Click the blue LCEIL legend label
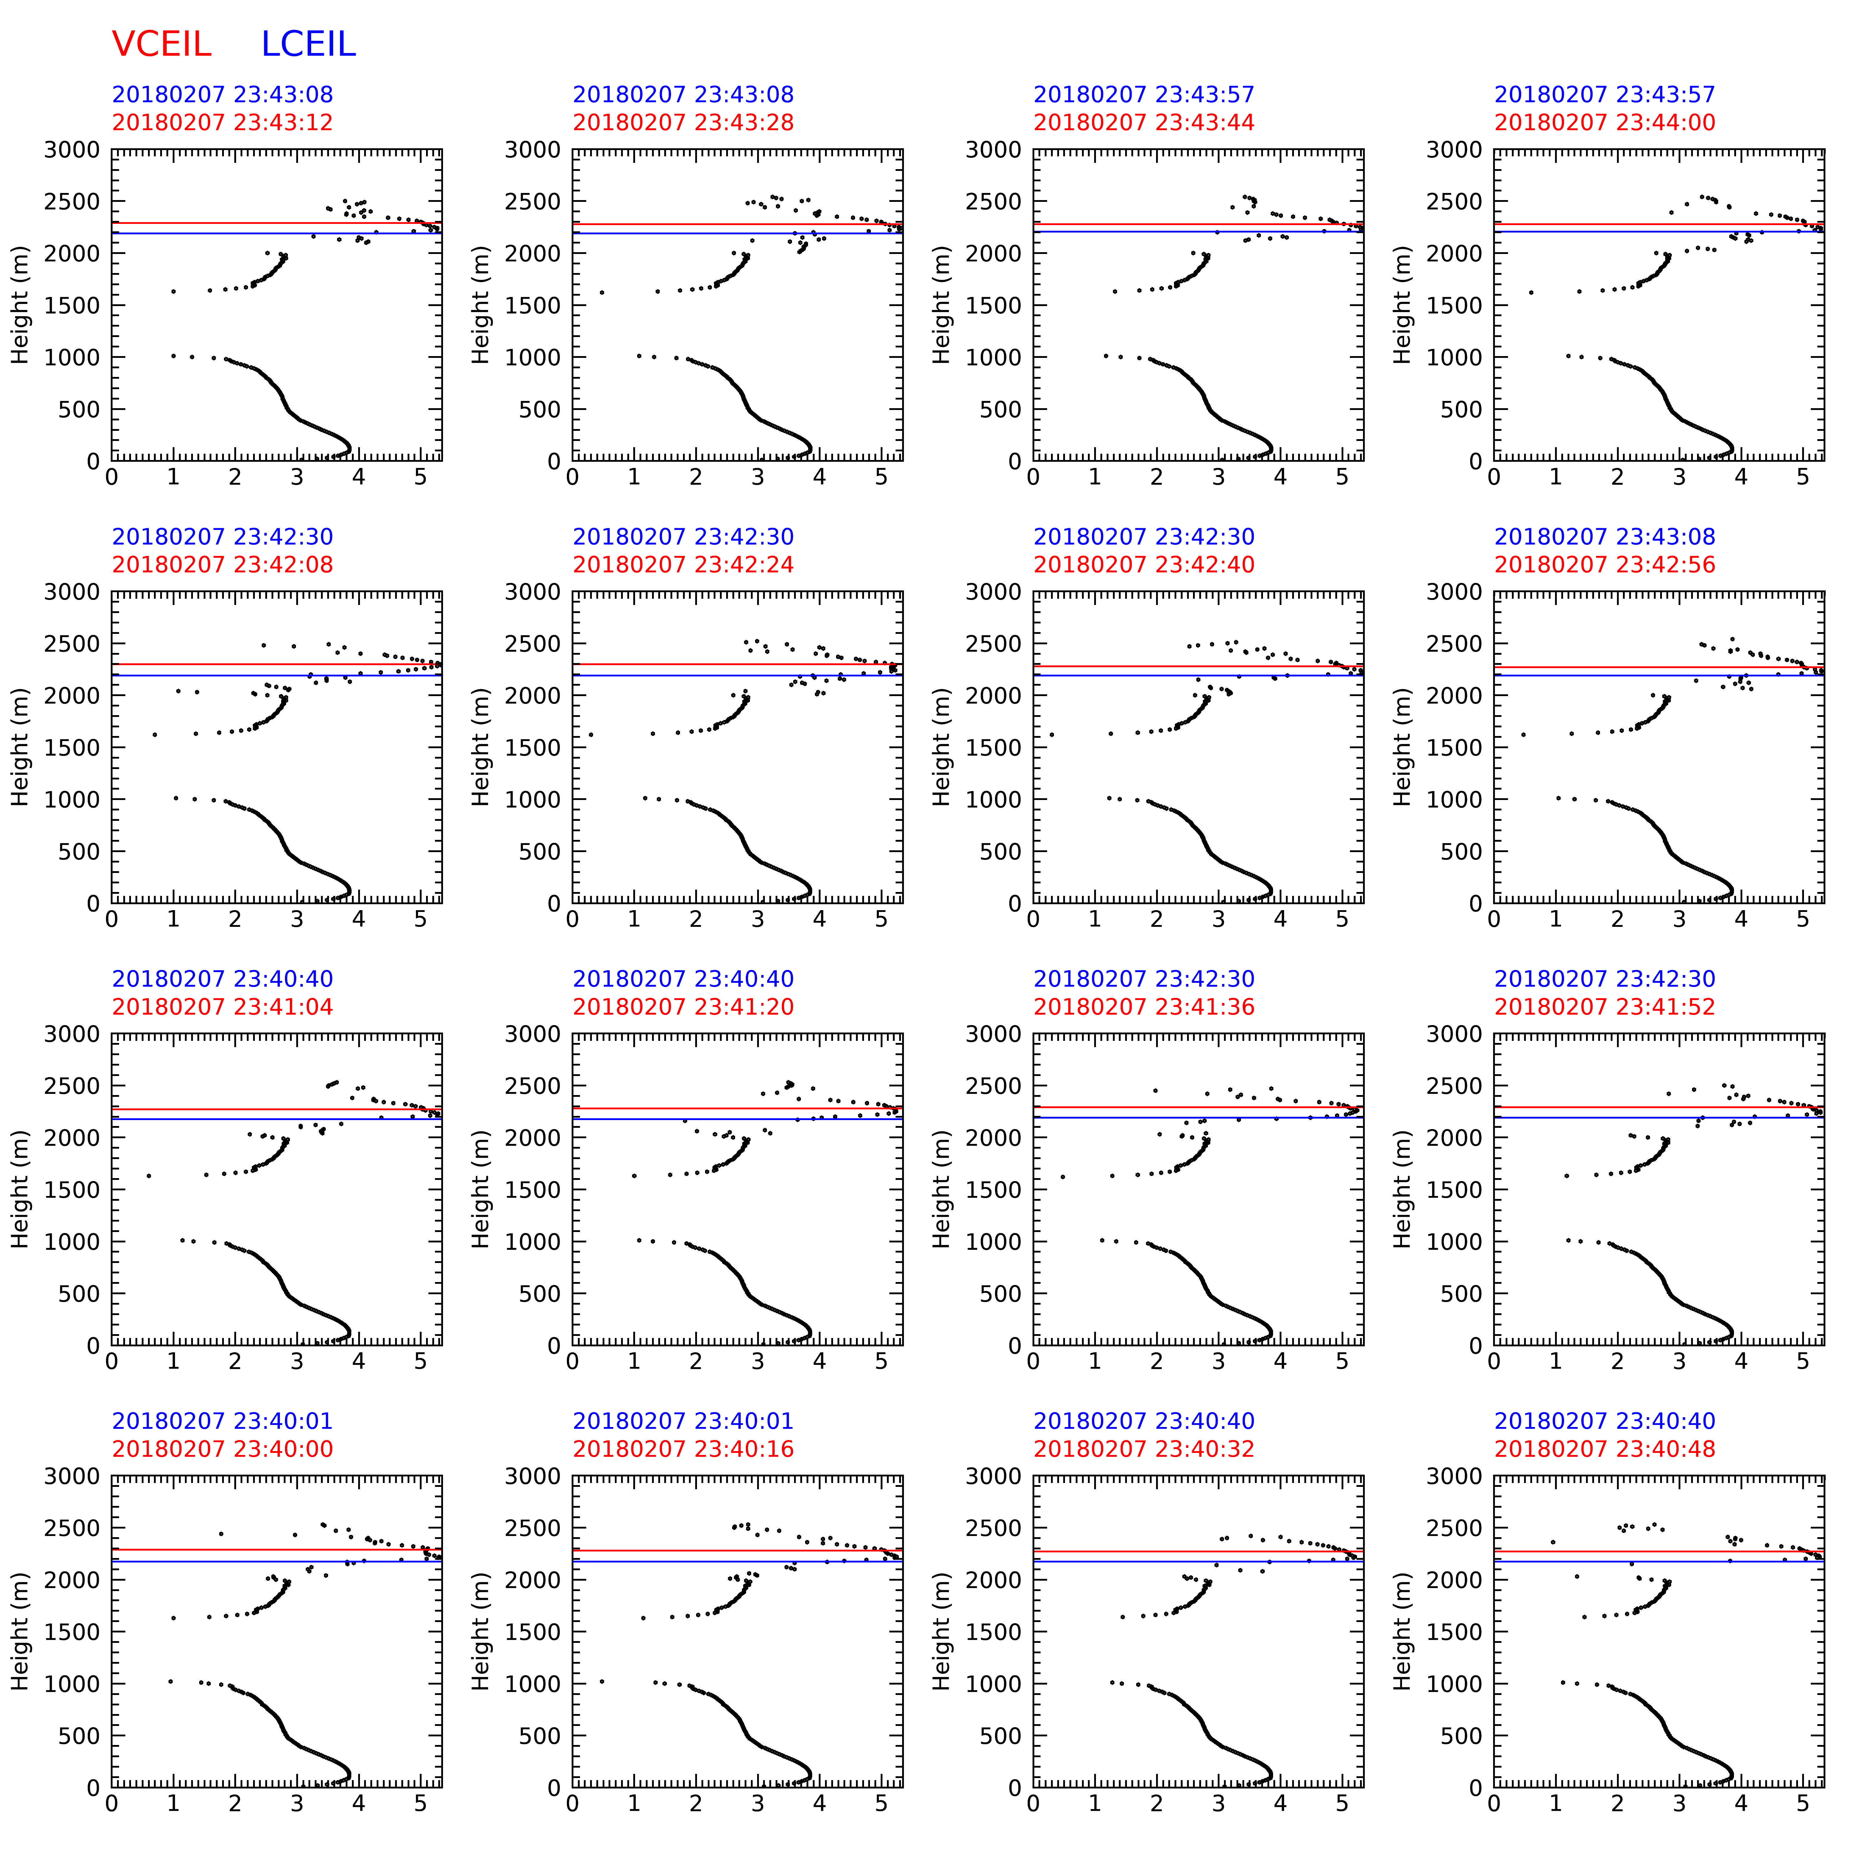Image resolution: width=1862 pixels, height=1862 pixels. point(308,44)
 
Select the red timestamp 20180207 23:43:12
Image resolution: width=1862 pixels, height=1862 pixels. point(223,122)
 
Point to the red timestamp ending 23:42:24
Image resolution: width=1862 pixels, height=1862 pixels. point(683,565)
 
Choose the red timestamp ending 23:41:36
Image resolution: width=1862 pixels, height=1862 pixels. point(1144,1007)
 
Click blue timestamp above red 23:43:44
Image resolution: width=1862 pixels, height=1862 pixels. point(1144,94)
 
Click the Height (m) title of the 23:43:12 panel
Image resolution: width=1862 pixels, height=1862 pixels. point(20,305)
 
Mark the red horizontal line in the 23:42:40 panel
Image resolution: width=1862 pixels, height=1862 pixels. point(1195,666)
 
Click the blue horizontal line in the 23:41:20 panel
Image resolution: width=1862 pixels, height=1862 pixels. point(732,1119)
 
